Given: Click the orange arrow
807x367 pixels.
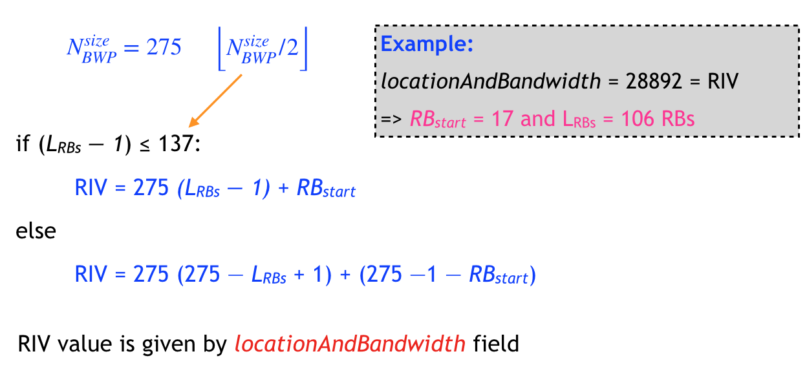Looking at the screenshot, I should click(x=215, y=100).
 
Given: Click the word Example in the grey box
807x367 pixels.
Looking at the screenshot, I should click(x=427, y=45).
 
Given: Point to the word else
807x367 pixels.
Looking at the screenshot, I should click(x=36, y=231).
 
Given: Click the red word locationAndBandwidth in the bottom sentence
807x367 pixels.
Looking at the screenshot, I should click(x=350, y=344).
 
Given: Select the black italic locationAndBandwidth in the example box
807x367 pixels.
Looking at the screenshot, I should click(x=491, y=82).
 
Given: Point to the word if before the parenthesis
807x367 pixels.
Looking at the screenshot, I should click(x=21, y=143).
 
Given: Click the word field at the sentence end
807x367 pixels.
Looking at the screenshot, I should click(x=495, y=343).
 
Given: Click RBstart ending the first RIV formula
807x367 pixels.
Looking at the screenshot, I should click(x=326, y=190).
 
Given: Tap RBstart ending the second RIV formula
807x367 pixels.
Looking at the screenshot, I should click(x=498, y=276).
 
